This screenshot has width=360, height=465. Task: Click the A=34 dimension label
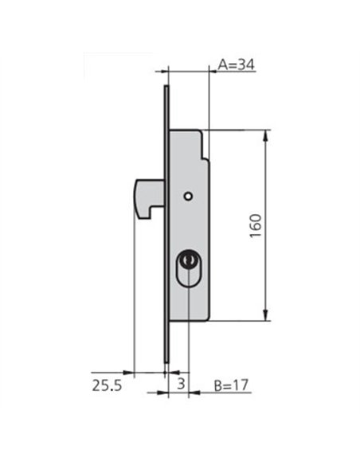(x=237, y=64)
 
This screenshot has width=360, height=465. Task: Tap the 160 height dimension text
(x=256, y=225)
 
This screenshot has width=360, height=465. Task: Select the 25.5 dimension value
(x=107, y=385)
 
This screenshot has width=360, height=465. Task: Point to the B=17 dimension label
(x=231, y=385)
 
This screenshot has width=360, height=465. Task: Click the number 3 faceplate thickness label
(x=181, y=384)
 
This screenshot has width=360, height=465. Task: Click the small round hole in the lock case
(x=188, y=196)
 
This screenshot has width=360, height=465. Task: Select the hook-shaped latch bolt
(x=149, y=198)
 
